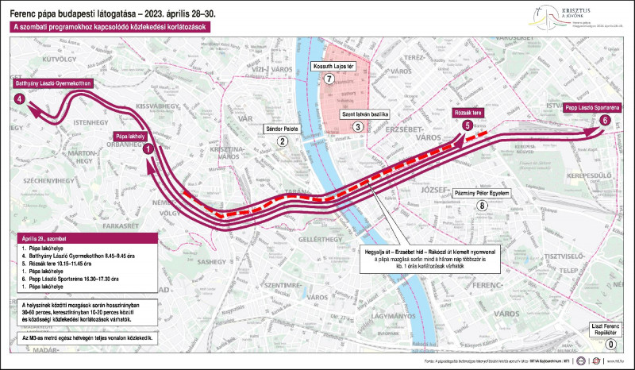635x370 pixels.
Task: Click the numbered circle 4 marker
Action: [19, 98]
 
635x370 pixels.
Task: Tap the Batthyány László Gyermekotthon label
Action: [53, 83]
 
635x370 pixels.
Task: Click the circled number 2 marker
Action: [282, 141]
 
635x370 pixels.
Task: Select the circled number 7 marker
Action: [339, 79]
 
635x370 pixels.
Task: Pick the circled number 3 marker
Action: [358, 127]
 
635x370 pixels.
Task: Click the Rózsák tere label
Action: [468, 112]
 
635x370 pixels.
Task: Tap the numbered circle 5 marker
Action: [468, 125]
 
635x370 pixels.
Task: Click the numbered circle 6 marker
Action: [606, 120]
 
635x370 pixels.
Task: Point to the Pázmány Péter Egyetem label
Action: [481, 193]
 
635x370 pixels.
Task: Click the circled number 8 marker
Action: [481, 206]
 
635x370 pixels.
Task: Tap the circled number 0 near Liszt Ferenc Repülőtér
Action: [609, 345]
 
